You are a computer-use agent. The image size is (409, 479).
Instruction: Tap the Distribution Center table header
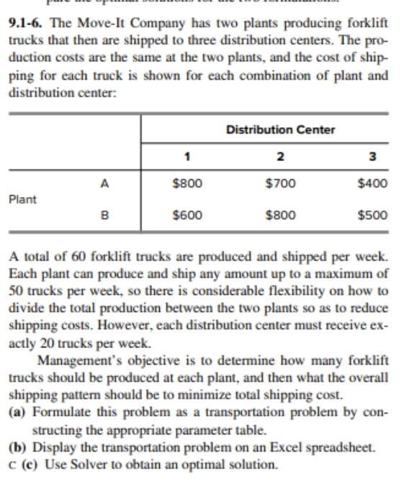coord(280,129)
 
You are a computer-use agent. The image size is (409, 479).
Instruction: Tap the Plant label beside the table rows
coord(22,198)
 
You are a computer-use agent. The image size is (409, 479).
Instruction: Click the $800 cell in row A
coord(186,183)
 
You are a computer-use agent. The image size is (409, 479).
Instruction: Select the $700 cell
coord(280,183)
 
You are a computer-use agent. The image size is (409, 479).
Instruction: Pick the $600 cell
coord(186,214)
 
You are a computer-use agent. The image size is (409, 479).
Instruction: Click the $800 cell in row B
coord(280,214)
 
